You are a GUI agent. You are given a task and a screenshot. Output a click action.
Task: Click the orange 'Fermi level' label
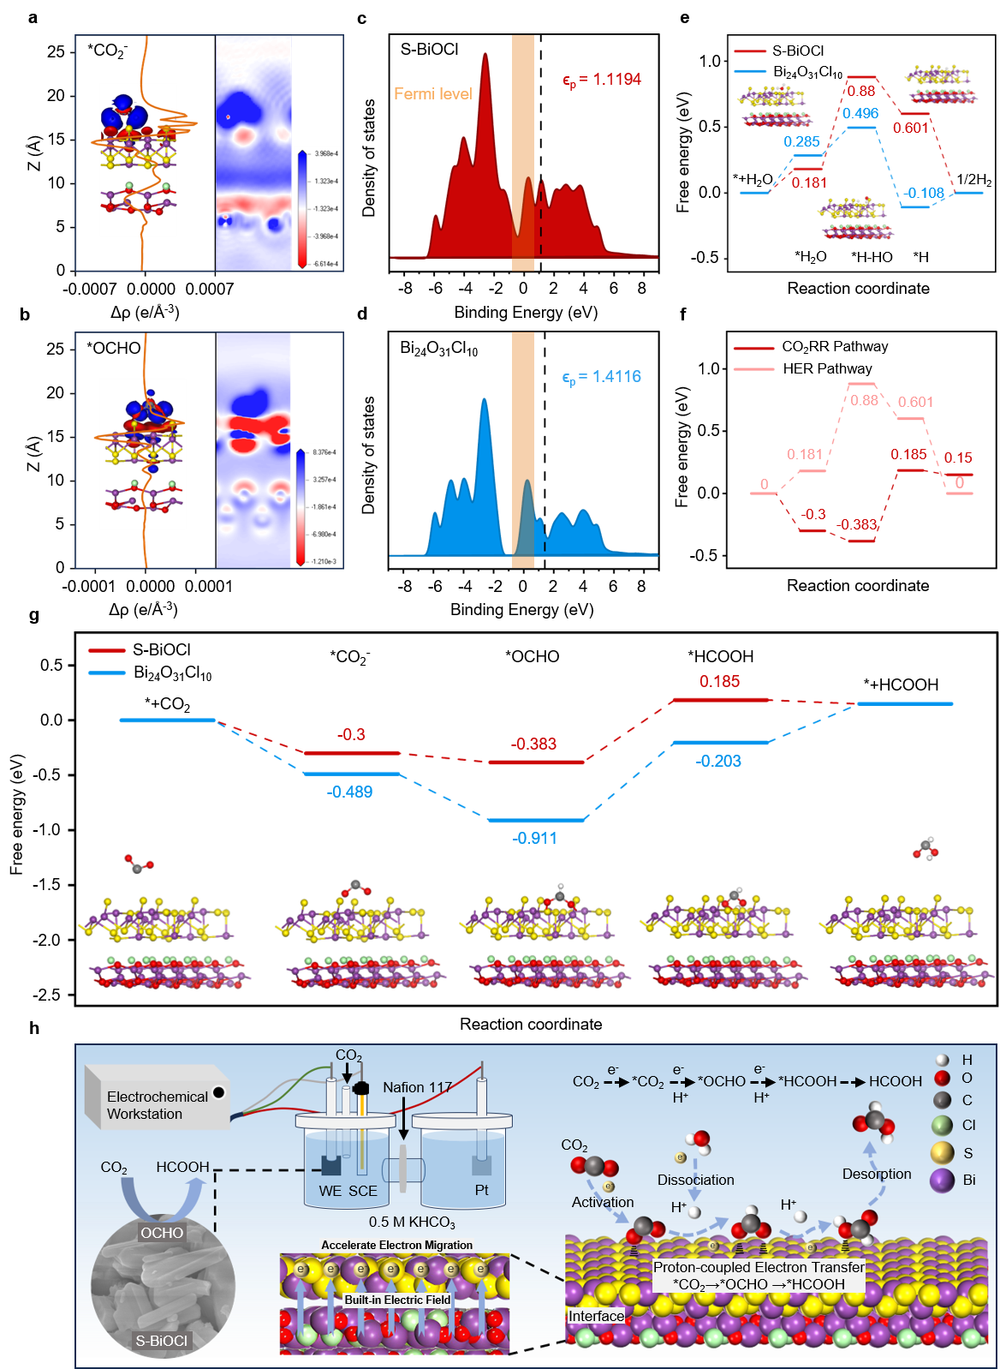(432, 93)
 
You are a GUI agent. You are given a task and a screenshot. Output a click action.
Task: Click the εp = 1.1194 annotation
(601, 80)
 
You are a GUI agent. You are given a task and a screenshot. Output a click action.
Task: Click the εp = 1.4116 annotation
(601, 377)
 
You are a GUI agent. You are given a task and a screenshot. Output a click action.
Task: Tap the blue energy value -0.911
(534, 838)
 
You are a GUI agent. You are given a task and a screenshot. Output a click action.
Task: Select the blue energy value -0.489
(349, 792)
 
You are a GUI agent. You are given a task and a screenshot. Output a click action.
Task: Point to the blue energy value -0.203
(718, 761)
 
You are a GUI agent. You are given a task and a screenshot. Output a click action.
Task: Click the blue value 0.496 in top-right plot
(860, 113)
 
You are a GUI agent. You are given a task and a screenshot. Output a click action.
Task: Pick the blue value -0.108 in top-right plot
(925, 193)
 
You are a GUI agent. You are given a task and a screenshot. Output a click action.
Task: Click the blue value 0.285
(801, 141)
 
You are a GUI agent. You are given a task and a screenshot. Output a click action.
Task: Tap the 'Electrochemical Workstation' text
(157, 1105)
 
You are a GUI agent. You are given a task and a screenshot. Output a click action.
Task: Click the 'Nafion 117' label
(417, 1087)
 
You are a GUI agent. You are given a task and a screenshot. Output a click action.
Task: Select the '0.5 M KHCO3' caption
(412, 1222)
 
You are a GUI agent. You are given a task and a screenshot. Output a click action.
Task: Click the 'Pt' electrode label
(481, 1190)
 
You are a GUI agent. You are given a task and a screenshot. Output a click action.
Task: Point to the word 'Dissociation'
(695, 1180)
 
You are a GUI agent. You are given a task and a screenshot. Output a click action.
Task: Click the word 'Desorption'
(877, 1174)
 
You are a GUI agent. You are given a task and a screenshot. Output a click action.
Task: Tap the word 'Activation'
(603, 1202)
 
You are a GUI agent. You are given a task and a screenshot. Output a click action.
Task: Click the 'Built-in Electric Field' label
(397, 1300)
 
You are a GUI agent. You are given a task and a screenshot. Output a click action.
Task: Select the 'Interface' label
(596, 1316)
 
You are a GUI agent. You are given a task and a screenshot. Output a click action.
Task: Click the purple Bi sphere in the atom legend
(942, 1180)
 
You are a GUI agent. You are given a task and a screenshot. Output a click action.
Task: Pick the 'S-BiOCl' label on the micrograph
(161, 1341)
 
